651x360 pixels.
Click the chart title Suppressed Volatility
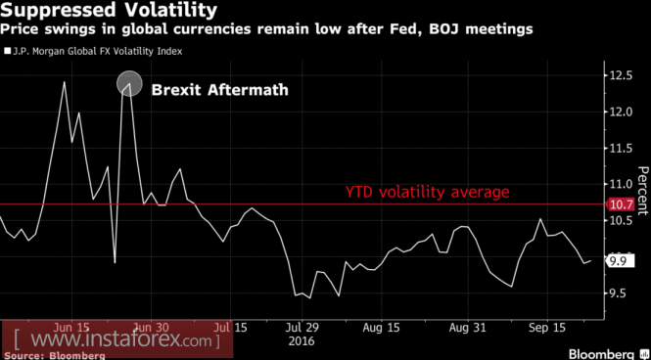click(109, 10)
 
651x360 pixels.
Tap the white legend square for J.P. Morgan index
click(8, 52)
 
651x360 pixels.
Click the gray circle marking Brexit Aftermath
click(129, 83)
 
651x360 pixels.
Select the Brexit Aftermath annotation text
click(219, 90)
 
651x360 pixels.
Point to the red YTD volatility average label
click(427, 193)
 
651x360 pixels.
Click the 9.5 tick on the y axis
click(621, 293)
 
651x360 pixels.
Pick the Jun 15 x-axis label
click(71, 328)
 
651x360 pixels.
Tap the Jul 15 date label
click(230, 328)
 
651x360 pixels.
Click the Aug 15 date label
click(382, 328)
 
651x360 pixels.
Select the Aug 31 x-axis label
click(468, 328)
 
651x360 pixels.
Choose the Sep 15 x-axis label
click(547, 328)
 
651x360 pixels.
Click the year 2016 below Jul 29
click(302, 342)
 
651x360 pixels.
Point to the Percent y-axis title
click(643, 191)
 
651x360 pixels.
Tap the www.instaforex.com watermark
click(116, 340)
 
